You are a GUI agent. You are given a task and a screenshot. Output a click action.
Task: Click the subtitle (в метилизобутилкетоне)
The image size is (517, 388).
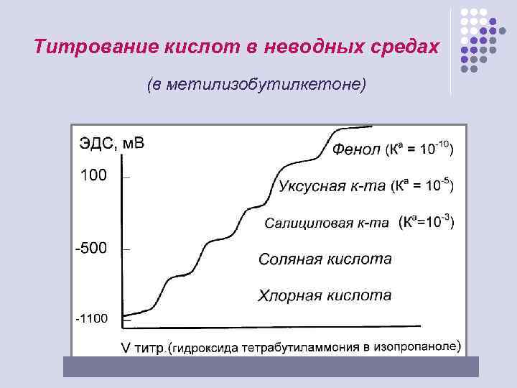(256, 85)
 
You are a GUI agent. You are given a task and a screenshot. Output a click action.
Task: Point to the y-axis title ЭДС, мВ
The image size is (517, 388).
(111, 143)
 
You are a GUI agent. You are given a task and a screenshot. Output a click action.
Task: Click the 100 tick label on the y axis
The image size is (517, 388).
(93, 174)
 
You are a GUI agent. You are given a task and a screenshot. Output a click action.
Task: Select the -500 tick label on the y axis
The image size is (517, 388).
(91, 248)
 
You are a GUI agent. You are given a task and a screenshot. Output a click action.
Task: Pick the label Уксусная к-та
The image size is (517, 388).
(332, 187)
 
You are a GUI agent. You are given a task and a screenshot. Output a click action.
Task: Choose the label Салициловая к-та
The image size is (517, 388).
(327, 223)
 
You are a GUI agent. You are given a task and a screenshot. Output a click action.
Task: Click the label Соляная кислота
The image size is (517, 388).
(325, 259)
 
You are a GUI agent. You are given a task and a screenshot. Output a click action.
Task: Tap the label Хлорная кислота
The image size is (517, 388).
(325, 295)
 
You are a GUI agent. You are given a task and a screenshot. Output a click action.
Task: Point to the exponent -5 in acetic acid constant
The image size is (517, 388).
(444, 180)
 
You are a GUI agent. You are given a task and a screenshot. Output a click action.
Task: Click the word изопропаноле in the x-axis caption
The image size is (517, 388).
(419, 346)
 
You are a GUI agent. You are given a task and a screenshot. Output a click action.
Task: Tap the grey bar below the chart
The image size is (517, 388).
(271, 367)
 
